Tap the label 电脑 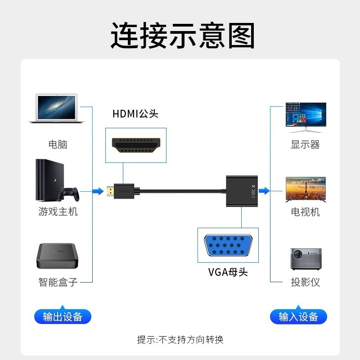58,144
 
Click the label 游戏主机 58,211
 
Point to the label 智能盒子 58,283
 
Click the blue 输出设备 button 63,316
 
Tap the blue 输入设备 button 298,316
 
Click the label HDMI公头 135,114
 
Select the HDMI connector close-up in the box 136,145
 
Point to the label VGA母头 228,272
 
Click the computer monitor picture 306,117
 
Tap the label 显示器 305,144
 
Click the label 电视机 305,211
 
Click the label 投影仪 305,283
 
